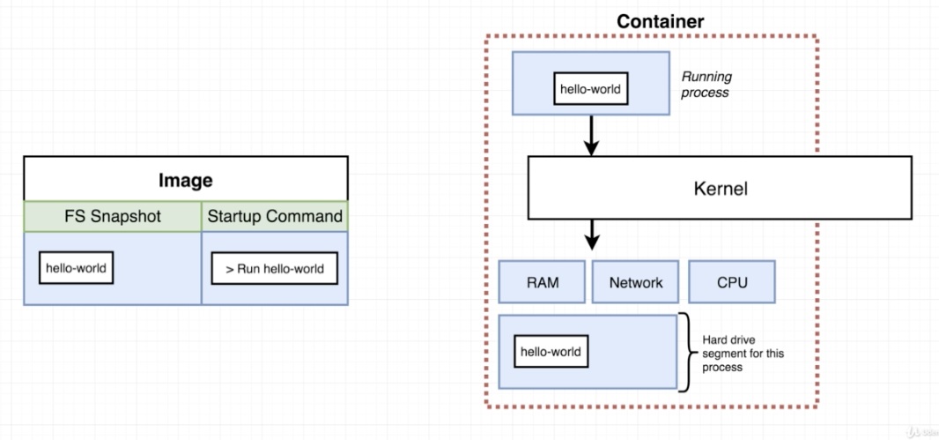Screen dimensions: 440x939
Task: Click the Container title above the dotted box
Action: [660, 20]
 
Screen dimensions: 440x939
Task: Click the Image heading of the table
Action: [185, 180]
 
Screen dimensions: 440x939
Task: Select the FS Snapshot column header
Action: [113, 216]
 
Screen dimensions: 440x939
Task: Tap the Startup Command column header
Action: [275, 216]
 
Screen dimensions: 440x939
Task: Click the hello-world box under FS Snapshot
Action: [76, 268]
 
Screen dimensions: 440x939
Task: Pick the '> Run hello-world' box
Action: [275, 269]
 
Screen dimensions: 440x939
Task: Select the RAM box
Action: [543, 282]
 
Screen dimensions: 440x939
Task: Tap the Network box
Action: [636, 282]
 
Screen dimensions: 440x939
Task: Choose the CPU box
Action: [732, 282]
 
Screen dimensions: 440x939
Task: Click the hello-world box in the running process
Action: [592, 88]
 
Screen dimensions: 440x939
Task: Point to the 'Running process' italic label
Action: [706, 85]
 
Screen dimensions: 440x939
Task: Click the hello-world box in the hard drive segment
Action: [551, 351]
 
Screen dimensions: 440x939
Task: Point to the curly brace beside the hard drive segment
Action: [684, 352]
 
